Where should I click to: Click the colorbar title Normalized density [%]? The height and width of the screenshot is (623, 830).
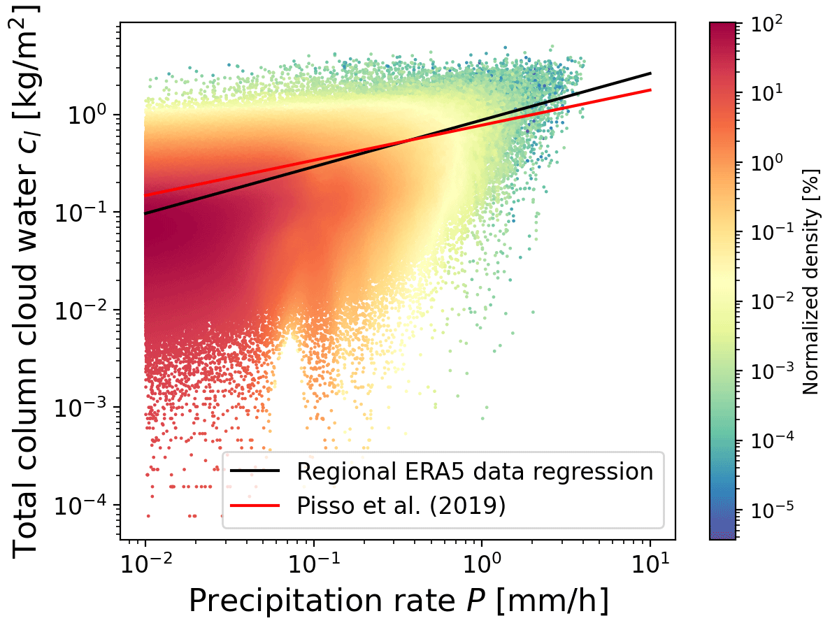pos(811,280)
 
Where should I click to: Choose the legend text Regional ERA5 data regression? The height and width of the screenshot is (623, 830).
pos(475,471)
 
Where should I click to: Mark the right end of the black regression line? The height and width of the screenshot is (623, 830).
pos(650,73)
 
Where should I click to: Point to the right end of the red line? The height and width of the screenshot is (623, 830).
pos(650,89)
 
